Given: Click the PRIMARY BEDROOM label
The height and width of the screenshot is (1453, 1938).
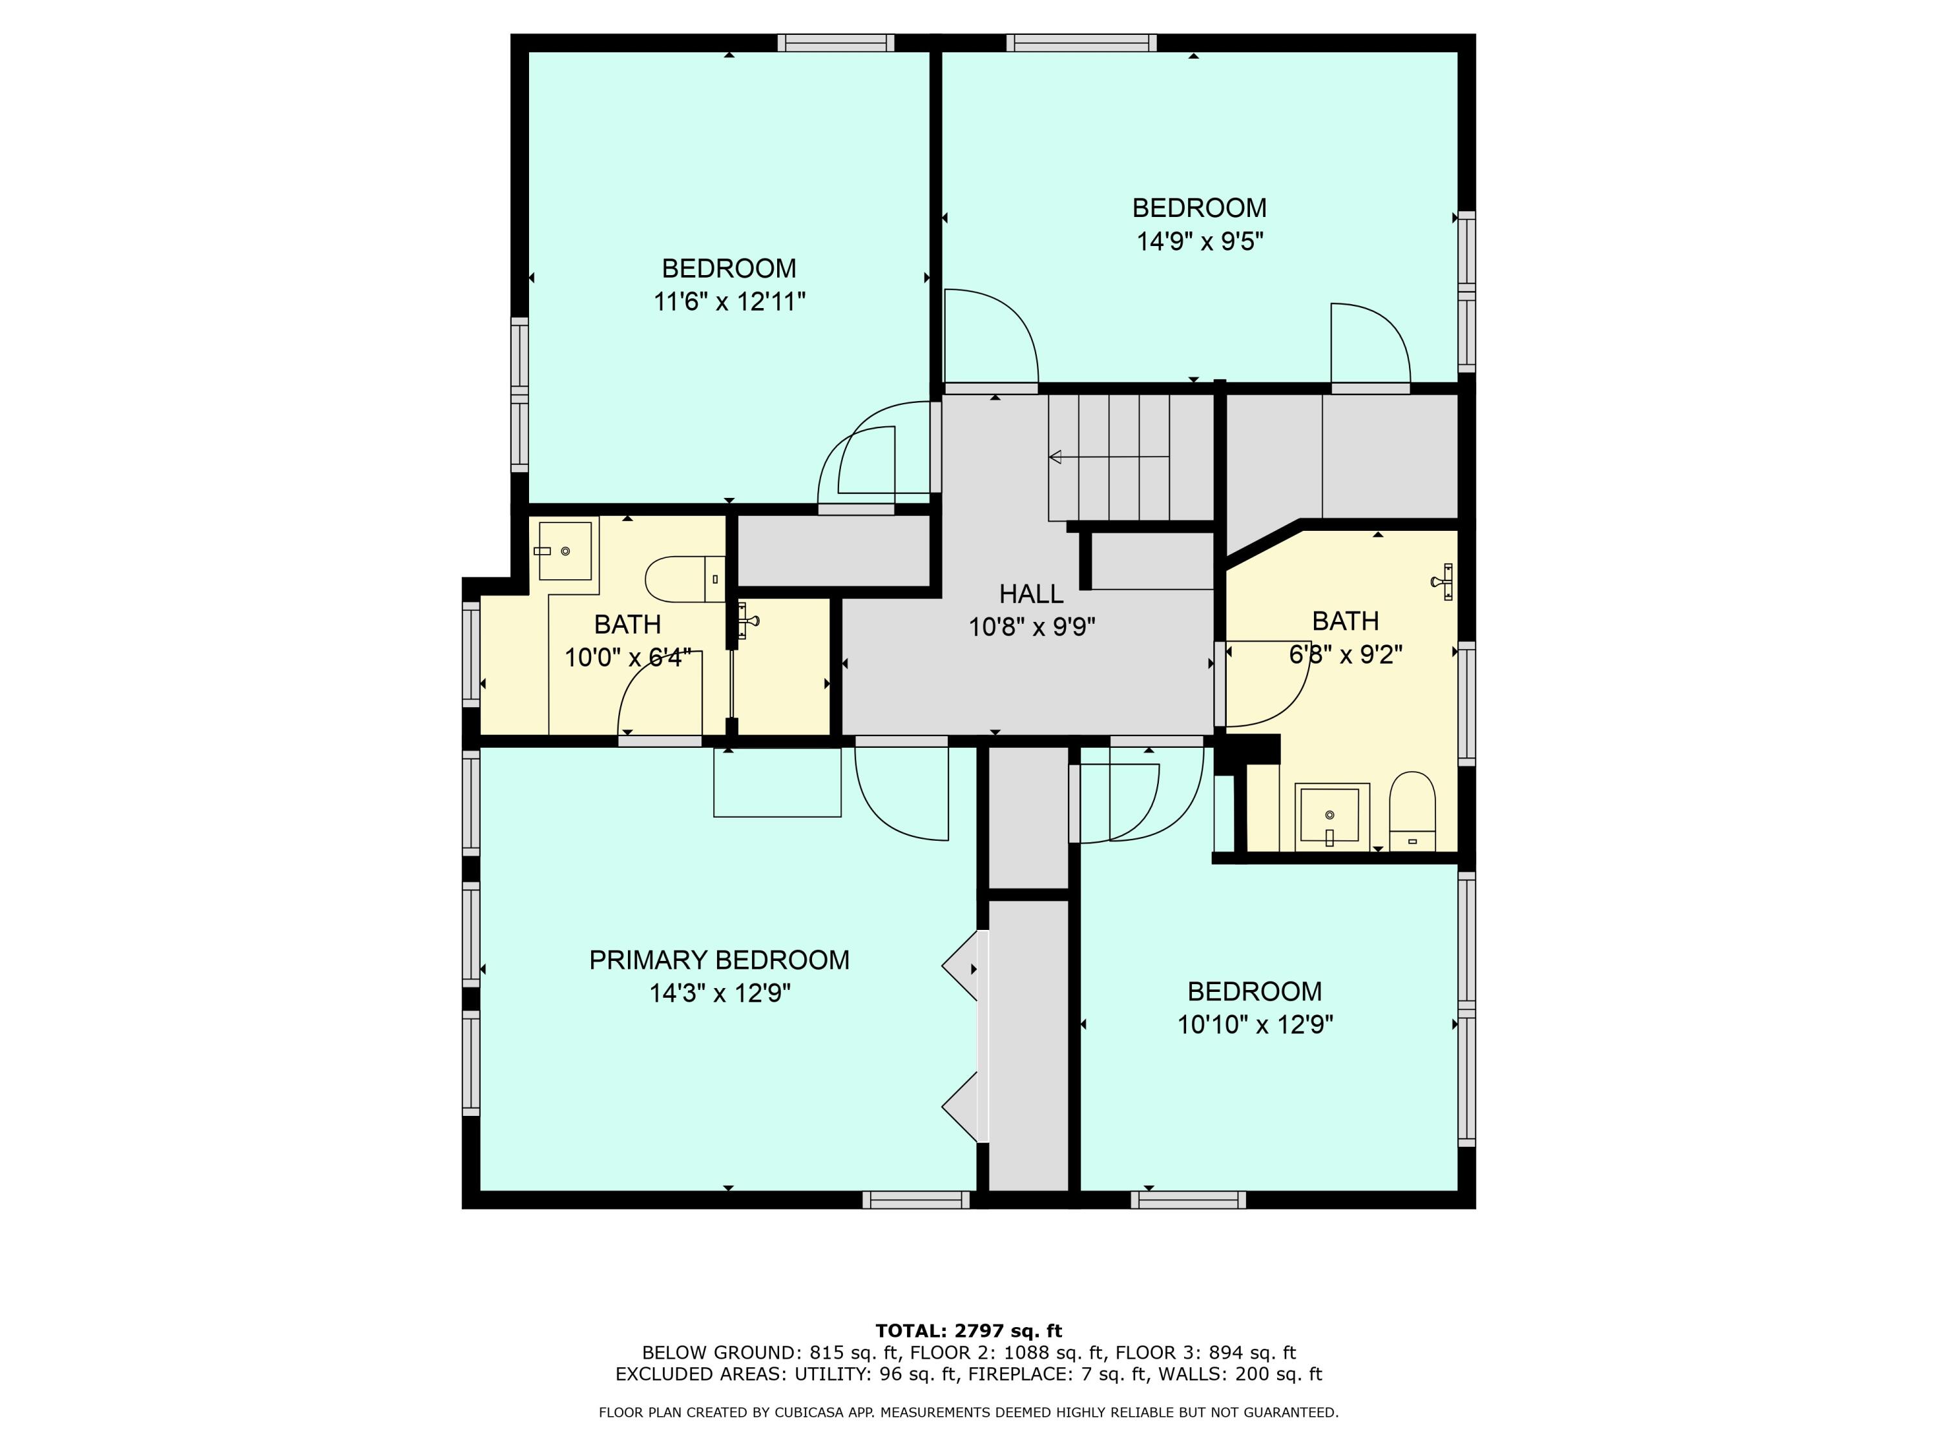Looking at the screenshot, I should pos(718,960).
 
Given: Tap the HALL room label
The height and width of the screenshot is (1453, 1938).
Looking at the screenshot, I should pos(1031,594).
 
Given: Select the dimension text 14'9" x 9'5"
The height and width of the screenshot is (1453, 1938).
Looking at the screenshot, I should pos(1200,241).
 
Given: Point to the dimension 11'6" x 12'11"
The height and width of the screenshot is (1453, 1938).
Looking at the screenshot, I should pos(729,302).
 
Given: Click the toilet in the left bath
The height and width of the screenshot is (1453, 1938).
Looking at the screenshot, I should pos(683,579).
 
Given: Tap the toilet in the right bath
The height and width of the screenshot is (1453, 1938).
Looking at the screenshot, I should pos(1412,810).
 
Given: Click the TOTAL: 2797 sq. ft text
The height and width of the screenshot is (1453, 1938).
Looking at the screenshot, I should pos(968,1331).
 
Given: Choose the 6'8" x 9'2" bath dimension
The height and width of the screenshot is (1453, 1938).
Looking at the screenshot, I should pos(1346,654).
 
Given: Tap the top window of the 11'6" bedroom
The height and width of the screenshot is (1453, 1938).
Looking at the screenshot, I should pos(836,43).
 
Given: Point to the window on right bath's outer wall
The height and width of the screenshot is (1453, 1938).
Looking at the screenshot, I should pos(1466,703).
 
